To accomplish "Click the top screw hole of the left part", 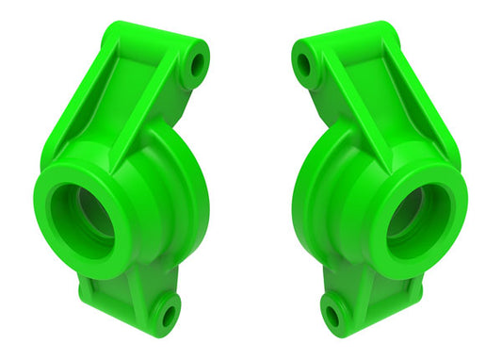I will (197, 65).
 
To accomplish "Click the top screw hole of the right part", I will (304, 65).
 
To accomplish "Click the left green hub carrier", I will (122, 188).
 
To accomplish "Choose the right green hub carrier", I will (379, 188).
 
